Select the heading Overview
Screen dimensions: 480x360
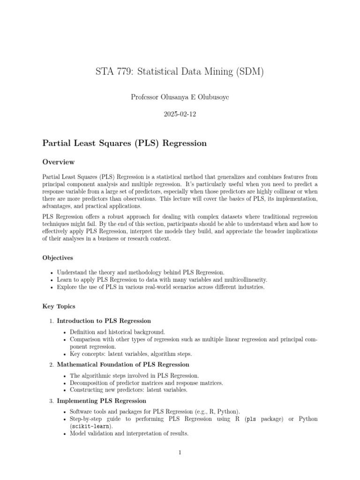pyautogui.click(x=59, y=162)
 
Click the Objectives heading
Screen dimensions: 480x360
pyautogui.click(x=58, y=258)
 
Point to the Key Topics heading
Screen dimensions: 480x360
pyautogui.click(x=59, y=306)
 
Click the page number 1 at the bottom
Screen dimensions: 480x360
pyautogui.click(x=180, y=452)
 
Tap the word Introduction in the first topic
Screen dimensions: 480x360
pyautogui.click(x=76, y=321)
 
